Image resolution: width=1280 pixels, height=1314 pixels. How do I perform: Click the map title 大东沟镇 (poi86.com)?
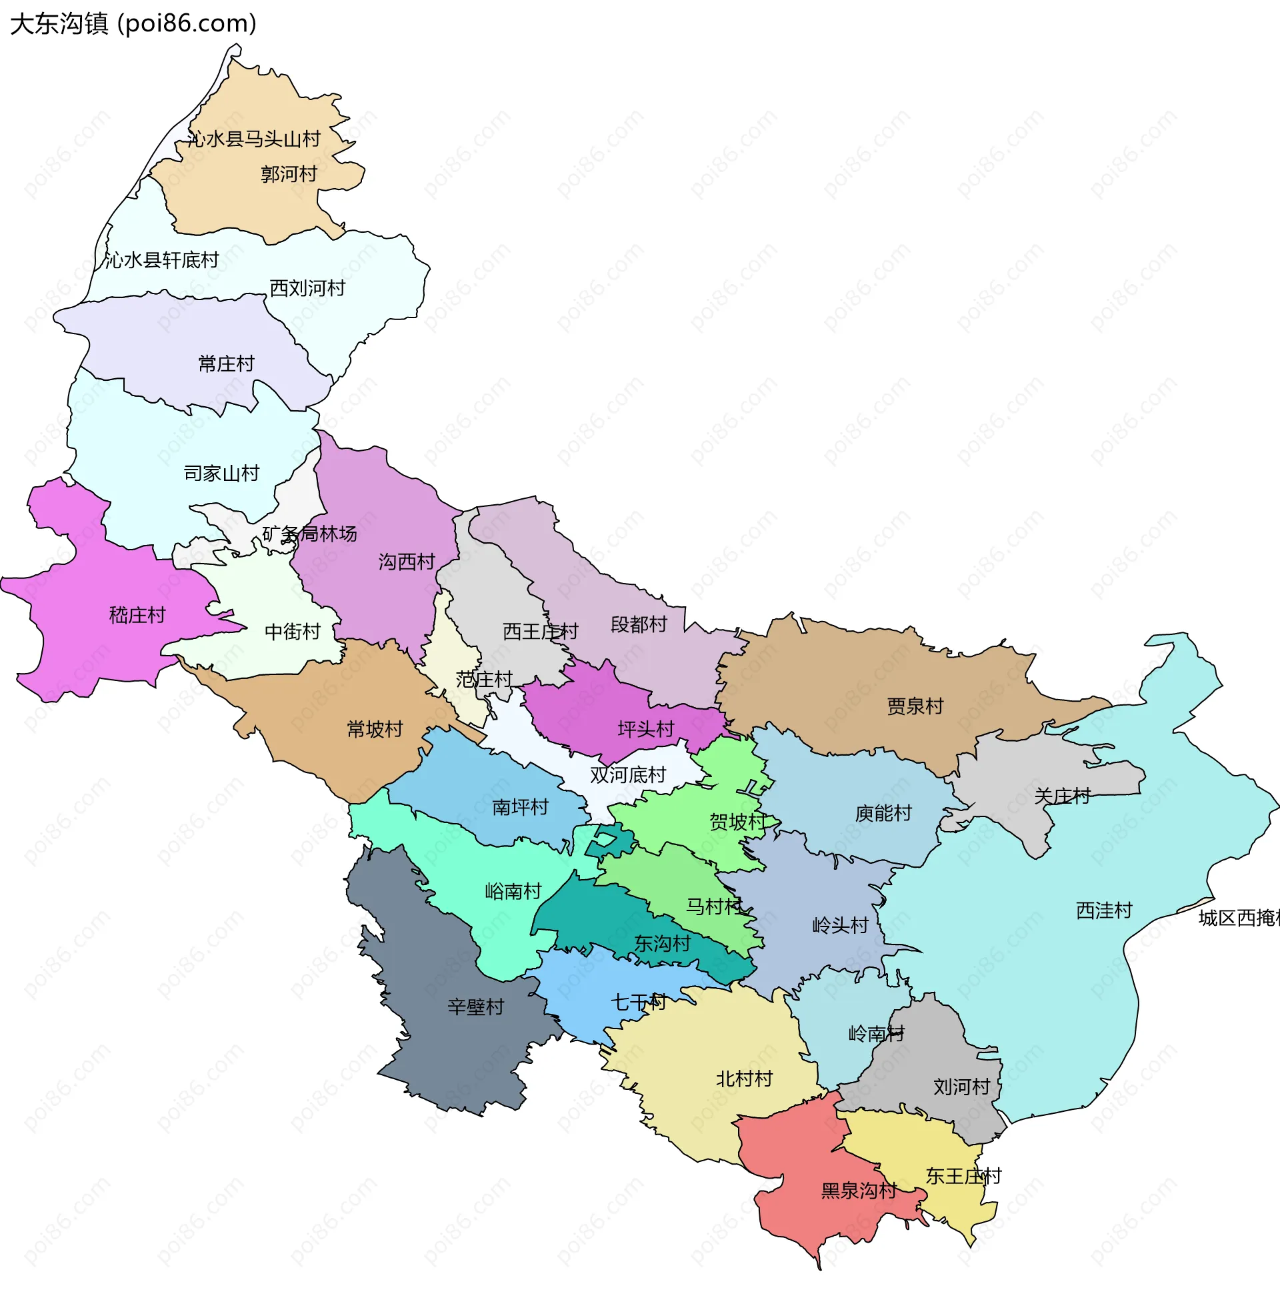[133, 23]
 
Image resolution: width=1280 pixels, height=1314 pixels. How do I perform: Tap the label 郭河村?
[289, 174]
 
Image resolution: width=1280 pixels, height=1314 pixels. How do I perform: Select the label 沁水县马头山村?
[253, 139]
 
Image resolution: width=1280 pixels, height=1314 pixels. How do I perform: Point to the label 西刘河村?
[307, 288]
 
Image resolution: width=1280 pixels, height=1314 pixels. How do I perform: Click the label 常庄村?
[226, 364]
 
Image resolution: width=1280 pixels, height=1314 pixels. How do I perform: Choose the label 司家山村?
[221, 474]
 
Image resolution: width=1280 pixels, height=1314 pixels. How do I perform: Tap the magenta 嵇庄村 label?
[137, 614]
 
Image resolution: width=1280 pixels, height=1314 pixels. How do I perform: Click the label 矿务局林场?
[309, 534]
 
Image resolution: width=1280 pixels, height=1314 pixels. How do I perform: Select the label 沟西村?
[406, 562]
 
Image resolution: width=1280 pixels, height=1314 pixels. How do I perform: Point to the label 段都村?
[638, 624]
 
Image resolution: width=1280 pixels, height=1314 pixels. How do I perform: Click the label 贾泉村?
[914, 706]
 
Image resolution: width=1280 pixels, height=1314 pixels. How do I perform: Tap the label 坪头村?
[645, 729]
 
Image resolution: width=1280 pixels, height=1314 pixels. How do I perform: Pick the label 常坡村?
[375, 729]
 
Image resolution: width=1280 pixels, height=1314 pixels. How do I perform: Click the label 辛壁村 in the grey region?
[475, 1007]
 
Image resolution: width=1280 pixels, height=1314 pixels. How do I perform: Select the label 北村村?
[743, 1079]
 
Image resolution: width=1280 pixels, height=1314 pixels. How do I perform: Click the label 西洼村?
[1104, 910]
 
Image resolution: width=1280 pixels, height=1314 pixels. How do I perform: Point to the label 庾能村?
[883, 813]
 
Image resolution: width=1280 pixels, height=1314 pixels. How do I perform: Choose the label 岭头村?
[841, 925]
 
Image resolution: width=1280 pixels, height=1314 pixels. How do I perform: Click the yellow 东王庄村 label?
[963, 1176]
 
